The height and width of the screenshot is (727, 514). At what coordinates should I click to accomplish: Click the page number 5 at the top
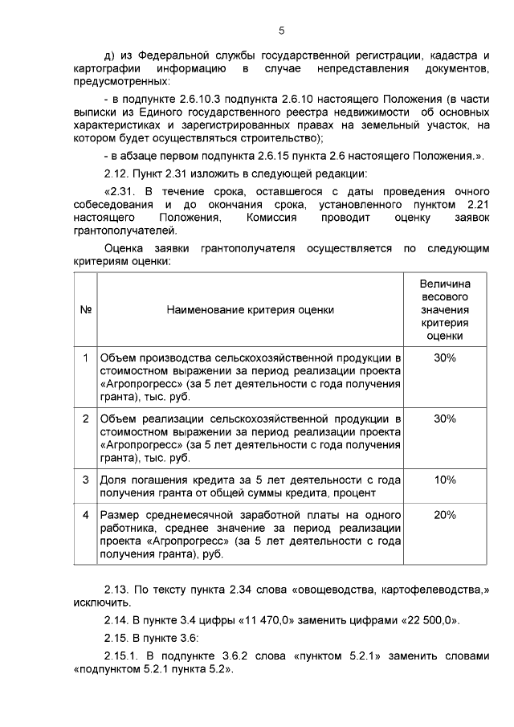[281, 31]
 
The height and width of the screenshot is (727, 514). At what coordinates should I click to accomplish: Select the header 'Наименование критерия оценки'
[251, 310]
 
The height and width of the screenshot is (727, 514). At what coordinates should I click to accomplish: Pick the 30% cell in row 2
[444, 419]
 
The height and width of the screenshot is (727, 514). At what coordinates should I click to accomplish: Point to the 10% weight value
[444, 480]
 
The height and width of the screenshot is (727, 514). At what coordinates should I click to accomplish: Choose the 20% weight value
[444, 515]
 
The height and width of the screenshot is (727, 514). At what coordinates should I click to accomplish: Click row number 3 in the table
[85, 480]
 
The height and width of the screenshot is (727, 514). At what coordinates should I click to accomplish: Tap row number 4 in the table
[85, 515]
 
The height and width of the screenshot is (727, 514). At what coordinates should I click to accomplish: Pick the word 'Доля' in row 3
[112, 480]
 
